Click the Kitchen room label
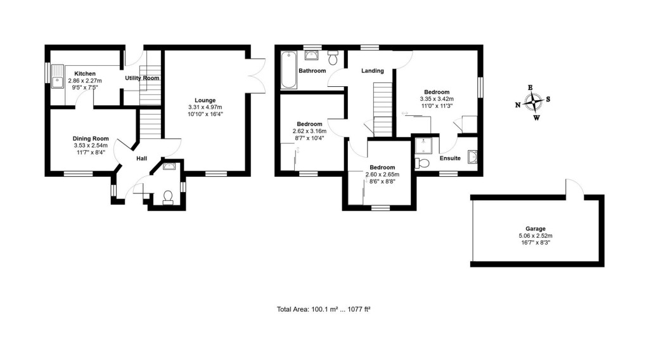pos(85,74)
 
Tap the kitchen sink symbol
pos(58,77)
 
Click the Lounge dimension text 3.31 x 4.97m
pos(205,108)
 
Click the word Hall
pos(143,159)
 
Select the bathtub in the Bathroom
pos(288,70)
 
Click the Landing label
pos(373,70)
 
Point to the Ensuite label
pos(449,158)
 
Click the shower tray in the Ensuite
pos(421,146)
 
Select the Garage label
pos(536,229)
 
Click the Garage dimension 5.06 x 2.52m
pos(536,236)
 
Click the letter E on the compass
pos(530,87)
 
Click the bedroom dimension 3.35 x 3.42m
pos(437,99)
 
